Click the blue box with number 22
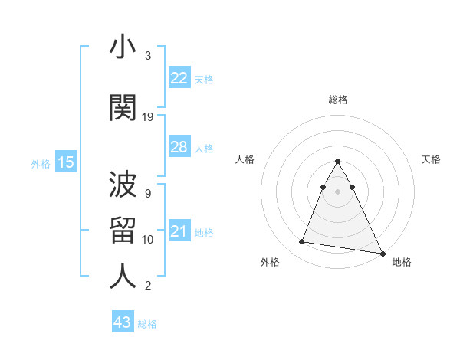179,78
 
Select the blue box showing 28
179,148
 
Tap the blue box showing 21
179,232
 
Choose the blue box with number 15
65,162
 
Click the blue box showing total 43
123,323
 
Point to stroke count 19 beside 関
148,117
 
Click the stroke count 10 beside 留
148,240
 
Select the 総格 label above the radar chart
338,100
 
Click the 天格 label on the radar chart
431,159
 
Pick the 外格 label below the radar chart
270,262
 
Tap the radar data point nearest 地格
382,254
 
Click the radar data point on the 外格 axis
302,242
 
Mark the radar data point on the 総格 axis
338,162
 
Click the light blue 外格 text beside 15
40,163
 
